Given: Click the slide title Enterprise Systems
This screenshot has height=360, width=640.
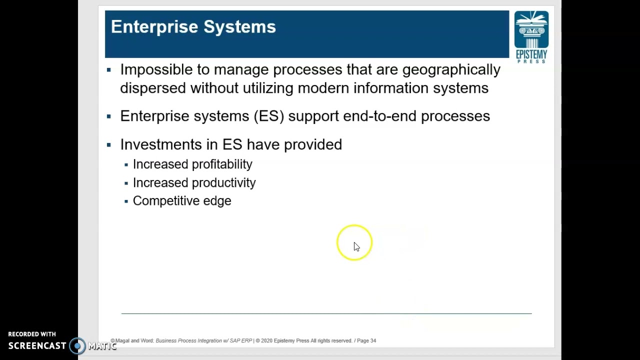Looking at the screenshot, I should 193,27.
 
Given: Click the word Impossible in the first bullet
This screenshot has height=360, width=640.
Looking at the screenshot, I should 156,70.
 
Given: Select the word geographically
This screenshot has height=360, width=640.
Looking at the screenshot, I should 451,70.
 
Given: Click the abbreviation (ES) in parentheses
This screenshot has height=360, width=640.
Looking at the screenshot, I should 268,116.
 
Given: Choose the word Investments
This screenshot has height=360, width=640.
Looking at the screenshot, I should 160,145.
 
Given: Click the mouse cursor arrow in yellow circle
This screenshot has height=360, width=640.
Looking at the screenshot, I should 356,246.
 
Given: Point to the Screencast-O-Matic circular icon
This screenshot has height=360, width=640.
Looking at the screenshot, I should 77,346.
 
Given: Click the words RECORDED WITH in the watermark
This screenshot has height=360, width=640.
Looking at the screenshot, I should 32,334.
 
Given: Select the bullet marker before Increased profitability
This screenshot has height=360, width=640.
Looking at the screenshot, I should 126,164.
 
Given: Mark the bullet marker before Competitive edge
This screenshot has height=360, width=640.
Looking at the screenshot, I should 126,201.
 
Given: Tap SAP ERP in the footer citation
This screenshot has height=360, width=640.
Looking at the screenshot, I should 240,341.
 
